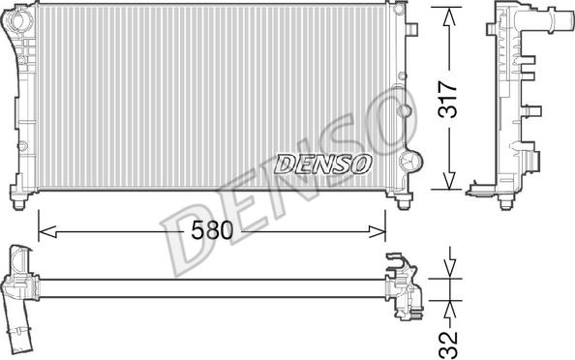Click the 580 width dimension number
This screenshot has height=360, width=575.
[x=212, y=230]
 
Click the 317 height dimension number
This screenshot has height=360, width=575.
[x=448, y=99]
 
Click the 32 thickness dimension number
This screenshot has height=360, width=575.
[x=448, y=345]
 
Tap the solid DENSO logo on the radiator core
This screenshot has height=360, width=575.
[x=322, y=164]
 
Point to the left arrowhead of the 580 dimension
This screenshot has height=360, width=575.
[x=46, y=231]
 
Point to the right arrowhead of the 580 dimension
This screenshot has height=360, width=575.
[x=377, y=231]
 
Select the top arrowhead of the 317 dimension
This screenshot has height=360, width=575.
[x=449, y=16]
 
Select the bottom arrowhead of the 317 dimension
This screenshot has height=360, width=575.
[x=449, y=180]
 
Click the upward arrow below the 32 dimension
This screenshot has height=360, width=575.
[x=450, y=311]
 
